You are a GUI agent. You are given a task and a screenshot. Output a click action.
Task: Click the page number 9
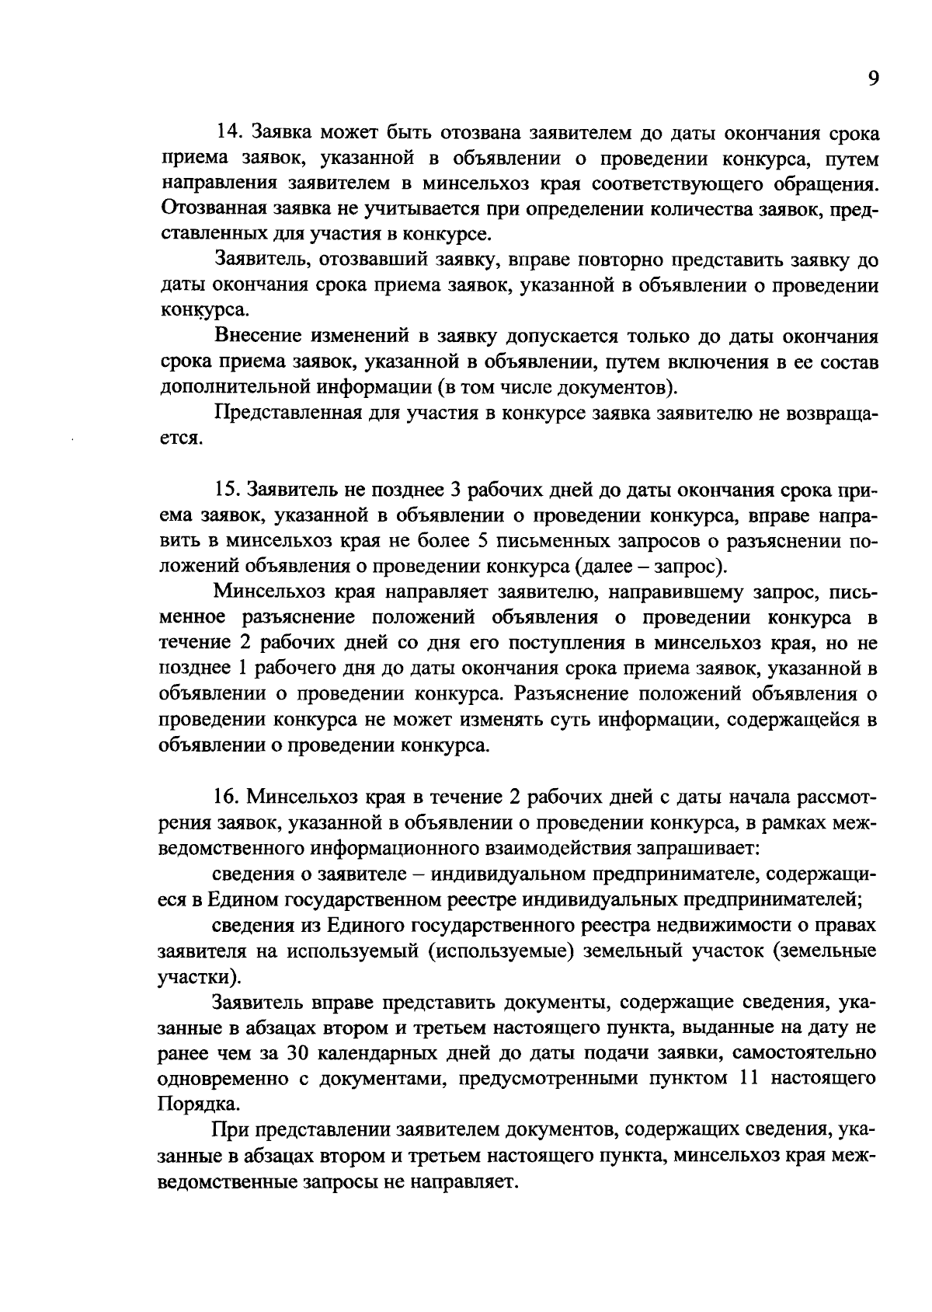(x=873, y=79)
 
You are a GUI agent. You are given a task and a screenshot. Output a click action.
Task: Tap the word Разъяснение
(x=583, y=694)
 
